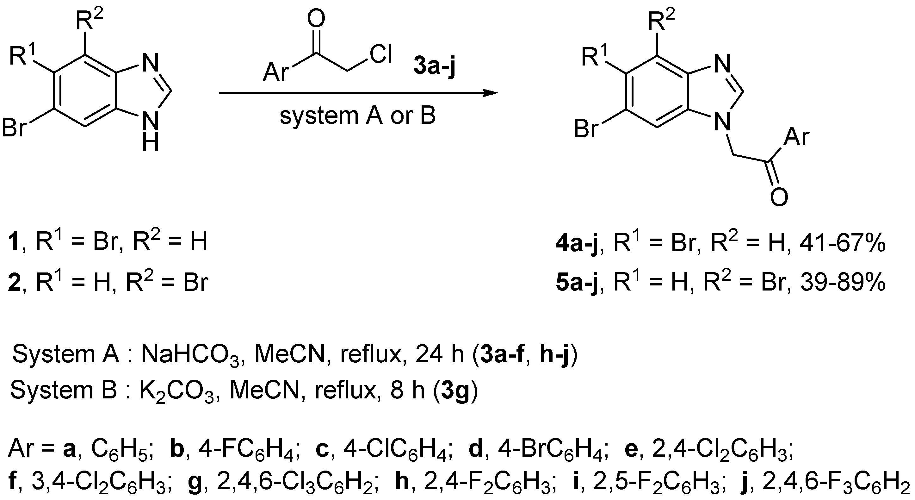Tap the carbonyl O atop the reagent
click(316, 18)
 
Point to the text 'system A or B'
click(357, 116)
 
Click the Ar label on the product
click(796, 136)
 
